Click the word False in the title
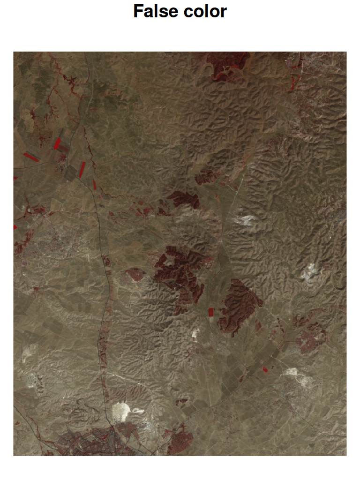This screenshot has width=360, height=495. pyautogui.click(x=153, y=11)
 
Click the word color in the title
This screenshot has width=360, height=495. pyautogui.click(x=205, y=11)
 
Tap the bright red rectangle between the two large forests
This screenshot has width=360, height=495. pyautogui.click(x=211, y=312)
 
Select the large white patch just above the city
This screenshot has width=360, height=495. pyautogui.click(x=122, y=412)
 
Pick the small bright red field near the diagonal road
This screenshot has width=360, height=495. pyautogui.click(x=265, y=370)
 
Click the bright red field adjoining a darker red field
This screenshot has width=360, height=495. pyautogui.click(x=57, y=143)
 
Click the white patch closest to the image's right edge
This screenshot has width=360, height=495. pyautogui.click(x=309, y=272)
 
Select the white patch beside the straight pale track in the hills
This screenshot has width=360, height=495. pyautogui.click(x=247, y=220)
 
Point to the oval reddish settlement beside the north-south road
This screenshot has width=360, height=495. pyautogui.click(x=135, y=275)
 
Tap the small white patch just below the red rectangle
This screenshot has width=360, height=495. pyautogui.click(x=195, y=333)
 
